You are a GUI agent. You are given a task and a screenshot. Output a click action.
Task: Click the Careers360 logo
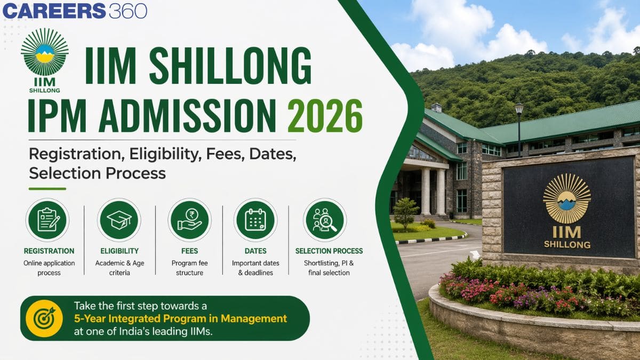[75, 11]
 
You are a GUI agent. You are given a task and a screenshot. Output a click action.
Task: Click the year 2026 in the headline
[325, 116]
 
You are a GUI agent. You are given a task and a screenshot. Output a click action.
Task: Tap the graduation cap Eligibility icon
[119, 220]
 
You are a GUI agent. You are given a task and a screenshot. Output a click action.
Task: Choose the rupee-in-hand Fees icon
[189, 220]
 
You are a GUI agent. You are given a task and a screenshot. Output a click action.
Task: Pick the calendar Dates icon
[255, 220]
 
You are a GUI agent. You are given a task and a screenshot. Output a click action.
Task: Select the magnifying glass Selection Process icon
[325, 220]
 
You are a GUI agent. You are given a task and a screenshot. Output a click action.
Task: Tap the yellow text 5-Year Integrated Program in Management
[180, 319]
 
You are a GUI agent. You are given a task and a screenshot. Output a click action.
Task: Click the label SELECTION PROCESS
[329, 251]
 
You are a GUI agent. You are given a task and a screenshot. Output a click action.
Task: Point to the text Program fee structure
[189, 268]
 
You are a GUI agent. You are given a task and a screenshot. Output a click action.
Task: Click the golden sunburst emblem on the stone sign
[566, 198]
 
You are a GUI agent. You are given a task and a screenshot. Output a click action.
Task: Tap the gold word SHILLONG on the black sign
[567, 245]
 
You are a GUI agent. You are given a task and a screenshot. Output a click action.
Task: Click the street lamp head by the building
[519, 108]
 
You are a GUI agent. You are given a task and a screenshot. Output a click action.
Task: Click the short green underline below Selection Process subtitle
[47, 188]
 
